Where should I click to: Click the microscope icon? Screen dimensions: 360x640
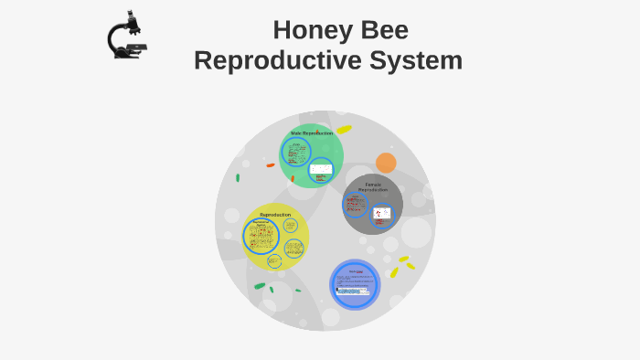(x=127, y=36)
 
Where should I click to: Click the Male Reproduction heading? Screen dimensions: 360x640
(x=312, y=133)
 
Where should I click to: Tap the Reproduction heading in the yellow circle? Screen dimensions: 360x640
(x=275, y=215)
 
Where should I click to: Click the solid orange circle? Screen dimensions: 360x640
(x=386, y=164)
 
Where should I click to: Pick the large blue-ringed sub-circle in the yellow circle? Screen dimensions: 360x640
(x=261, y=237)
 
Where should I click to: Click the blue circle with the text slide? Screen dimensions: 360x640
(x=355, y=284)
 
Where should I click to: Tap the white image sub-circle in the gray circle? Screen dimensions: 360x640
(x=381, y=215)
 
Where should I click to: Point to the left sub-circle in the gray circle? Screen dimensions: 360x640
(x=355, y=206)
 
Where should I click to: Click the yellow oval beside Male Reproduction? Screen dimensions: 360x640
(x=344, y=130)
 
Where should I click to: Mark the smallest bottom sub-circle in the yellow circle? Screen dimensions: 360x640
(x=273, y=261)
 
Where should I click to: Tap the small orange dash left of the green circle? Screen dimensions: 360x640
(x=270, y=165)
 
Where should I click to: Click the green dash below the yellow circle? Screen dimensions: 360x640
(x=260, y=287)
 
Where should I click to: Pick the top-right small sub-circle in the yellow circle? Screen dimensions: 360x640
(x=291, y=225)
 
